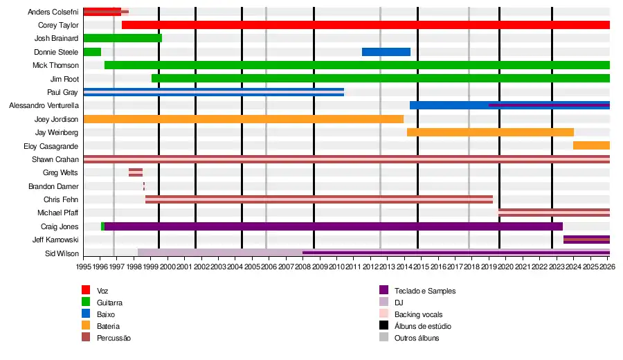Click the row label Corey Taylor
[58, 25]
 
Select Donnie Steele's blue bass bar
[386, 52]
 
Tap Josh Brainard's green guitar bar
[123, 38]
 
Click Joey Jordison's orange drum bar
[243, 119]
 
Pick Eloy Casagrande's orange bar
[591, 145]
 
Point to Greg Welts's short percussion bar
[136, 172]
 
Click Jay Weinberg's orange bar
[490, 132]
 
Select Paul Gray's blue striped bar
[213, 92]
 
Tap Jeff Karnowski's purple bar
[586, 240]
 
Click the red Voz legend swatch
[86, 290]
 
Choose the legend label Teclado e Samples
[425, 291]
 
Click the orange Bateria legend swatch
[86, 325]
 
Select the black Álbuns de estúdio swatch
[383, 325]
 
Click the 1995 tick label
[84, 267]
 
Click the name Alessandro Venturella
[44, 106]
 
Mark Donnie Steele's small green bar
[92, 52]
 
